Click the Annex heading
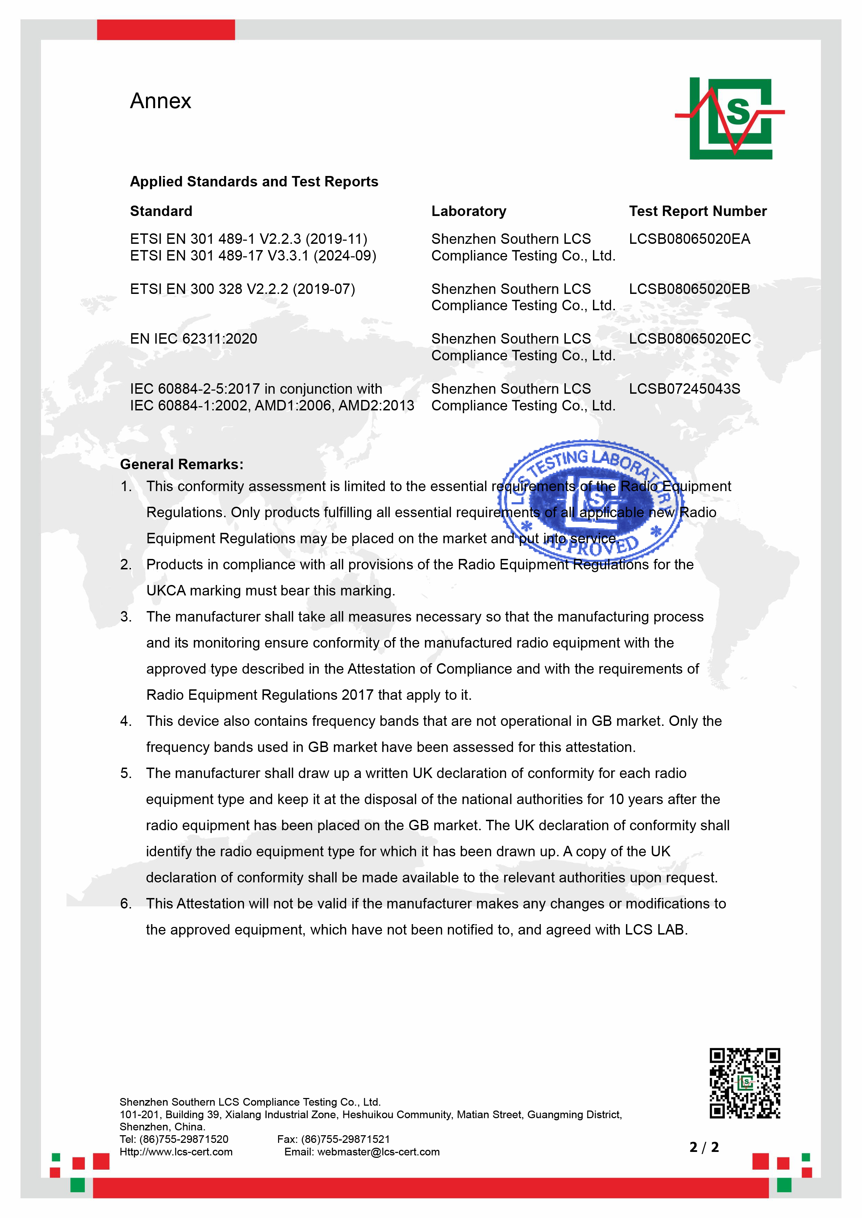click(160, 101)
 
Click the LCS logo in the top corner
click(730, 118)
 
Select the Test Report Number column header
click(698, 211)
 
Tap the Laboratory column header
click(469, 211)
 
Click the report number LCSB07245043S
click(684, 389)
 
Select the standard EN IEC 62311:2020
click(193, 339)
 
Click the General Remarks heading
click(181, 464)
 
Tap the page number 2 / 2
click(704, 1147)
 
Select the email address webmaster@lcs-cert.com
click(379, 1152)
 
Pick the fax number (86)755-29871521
click(345, 1139)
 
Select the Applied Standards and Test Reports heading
click(254, 182)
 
